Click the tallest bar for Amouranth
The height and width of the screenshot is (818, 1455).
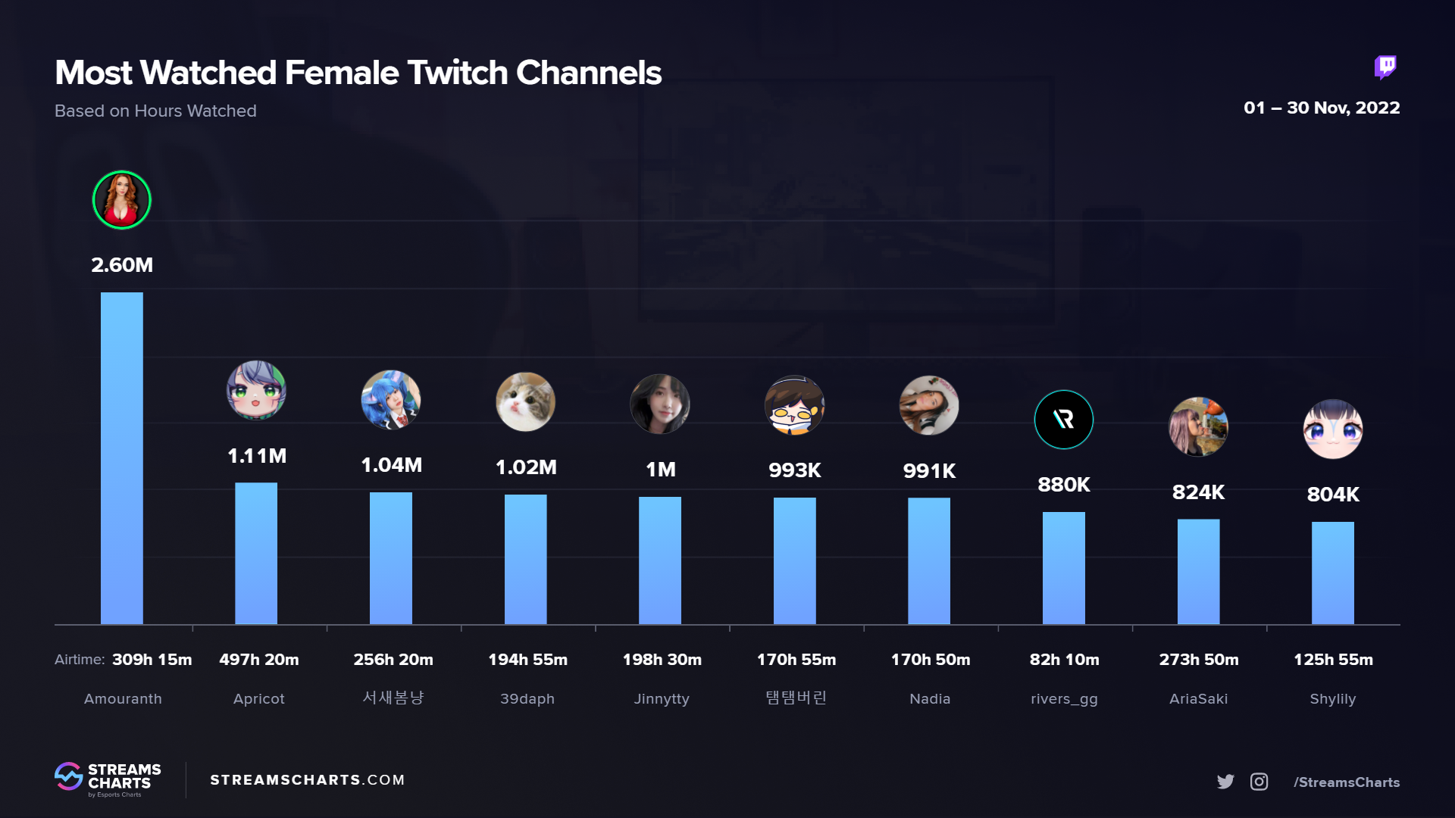click(121, 458)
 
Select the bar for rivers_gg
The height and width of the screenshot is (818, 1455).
click(1063, 568)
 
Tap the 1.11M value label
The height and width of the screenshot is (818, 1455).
click(257, 456)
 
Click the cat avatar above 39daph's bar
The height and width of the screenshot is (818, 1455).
click(525, 402)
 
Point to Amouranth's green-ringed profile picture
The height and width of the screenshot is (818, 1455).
click(122, 200)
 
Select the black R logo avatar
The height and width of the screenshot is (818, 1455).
click(1063, 420)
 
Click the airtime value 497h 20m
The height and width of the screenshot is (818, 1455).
click(258, 660)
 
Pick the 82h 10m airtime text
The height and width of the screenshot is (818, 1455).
click(1064, 660)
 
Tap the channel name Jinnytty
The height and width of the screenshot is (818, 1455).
click(662, 699)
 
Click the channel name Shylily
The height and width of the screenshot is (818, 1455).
click(1332, 699)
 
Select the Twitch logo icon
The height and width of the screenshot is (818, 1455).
click(1385, 67)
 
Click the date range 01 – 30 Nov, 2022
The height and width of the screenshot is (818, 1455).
click(1321, 108)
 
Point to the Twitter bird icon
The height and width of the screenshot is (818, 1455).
click(1225, 782)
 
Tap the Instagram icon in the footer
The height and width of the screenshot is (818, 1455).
click(1259, 782)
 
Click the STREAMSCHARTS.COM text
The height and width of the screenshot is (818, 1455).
click(307, 780)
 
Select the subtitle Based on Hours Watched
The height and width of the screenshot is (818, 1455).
click(155, 111)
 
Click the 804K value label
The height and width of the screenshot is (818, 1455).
click(1332, 495)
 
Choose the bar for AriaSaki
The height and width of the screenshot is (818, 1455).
click(1198, 572)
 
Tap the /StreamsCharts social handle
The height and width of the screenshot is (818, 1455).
click(1346, 782)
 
